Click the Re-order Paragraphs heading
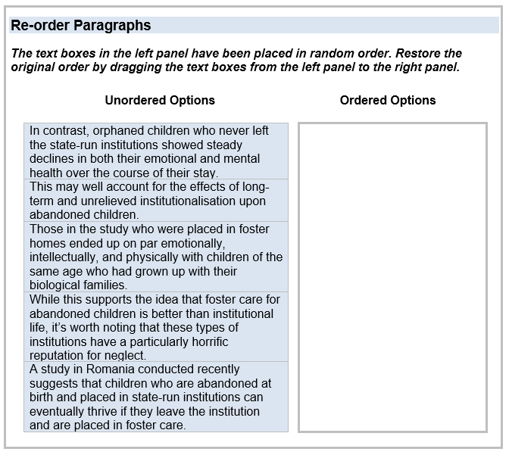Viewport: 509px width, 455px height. [80, 26]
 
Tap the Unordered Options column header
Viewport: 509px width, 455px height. [160, 100]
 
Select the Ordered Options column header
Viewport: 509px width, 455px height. [388, 100]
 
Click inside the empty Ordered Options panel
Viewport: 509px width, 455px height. [392, 277]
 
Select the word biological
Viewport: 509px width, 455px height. [56, 285]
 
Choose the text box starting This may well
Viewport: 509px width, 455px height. [156, 201]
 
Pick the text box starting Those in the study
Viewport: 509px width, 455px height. [156, 257]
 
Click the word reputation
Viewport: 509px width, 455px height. [57, 356]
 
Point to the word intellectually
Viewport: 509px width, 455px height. [64, 257]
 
